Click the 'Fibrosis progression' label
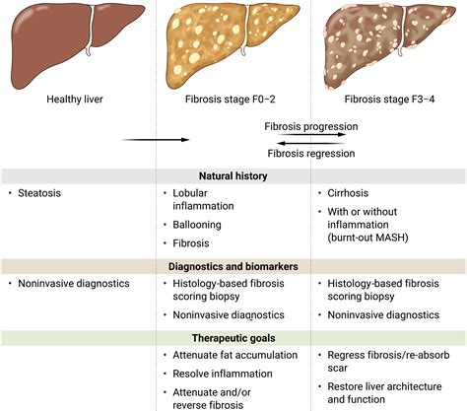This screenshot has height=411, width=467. (x=310, y=127)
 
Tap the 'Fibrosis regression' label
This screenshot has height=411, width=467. (x=310, y=153)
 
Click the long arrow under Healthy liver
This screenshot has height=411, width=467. (x=155, y=140)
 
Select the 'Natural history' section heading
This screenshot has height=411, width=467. (x=233, y=175)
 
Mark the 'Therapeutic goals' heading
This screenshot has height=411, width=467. (x=233, y=337)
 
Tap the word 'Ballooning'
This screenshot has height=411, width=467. (x=200, y=225)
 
